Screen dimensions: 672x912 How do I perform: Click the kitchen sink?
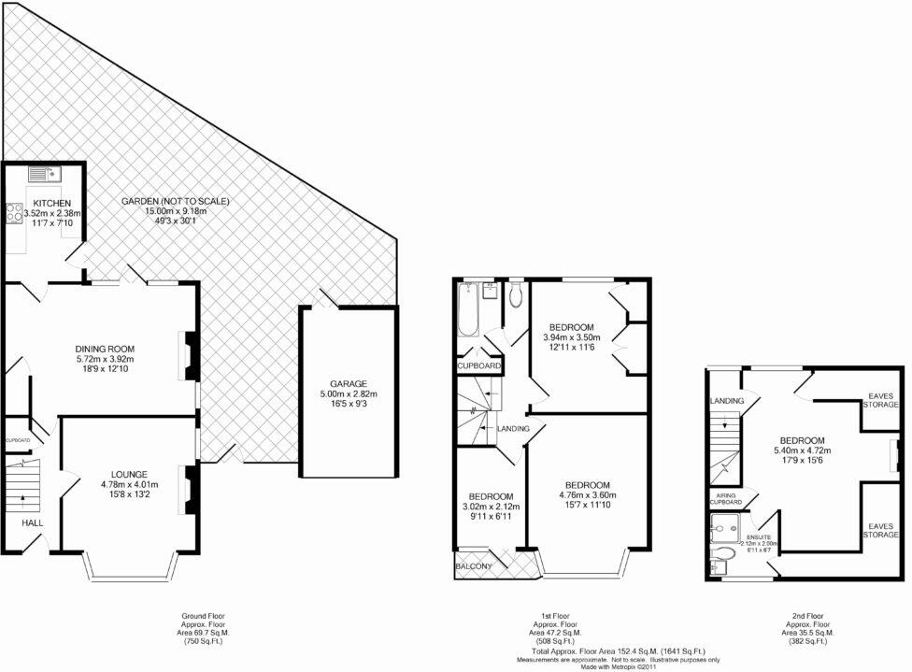click(x=43, y=173)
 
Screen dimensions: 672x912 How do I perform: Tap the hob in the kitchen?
click(x=16, y=213)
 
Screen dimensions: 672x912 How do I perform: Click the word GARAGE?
click(x=347, y=383)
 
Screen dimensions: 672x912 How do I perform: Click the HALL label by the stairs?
click(x=33, y=523)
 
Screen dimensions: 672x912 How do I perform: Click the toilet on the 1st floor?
click(x=515, y=294)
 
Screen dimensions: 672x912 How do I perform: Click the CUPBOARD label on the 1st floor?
click(x=479, y=365)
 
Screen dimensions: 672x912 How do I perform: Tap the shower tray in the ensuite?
click(x=725, y=530)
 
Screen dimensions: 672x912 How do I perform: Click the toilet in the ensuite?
click(x=720, y=561)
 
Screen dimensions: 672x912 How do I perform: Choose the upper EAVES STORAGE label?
click(x=881, y=400)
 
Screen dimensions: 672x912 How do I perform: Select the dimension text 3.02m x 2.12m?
click(x=490, y=508)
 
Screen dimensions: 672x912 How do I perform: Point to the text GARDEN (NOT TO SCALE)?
click(x=175, y=201)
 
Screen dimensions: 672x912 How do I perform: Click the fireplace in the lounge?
click(x=190, y=485)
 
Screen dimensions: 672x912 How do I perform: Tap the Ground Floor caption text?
click(x=203, y=617)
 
